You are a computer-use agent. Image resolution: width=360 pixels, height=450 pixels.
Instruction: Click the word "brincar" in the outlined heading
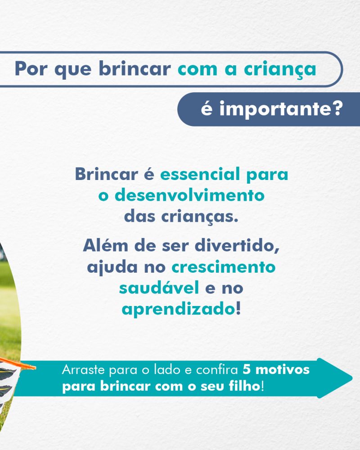click(135, 68)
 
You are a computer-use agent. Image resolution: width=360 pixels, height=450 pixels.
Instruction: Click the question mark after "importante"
click(336, 108)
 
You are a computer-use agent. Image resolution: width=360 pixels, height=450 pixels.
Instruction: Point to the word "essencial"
click(200, 174)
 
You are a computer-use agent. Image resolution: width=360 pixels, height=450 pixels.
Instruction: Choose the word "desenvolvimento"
click(189, 195)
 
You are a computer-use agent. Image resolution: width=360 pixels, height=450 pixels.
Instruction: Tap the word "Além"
click(105, 245)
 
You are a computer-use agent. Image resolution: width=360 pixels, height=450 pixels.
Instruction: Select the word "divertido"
click(237, 246)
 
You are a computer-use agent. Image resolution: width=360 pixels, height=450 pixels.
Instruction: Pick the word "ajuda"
click(112, 267)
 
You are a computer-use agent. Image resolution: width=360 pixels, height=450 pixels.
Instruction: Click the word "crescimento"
click(223, 267)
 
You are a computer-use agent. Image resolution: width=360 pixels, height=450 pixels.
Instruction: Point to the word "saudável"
click(159, 288)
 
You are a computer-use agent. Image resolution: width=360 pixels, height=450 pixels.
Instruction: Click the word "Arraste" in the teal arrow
click(83, 369)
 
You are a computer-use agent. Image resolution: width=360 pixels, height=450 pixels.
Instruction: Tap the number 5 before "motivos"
click(247, 369)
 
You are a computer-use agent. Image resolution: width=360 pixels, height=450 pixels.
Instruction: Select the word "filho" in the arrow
click(245, 386)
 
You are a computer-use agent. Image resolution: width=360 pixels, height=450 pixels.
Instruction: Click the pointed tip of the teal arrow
click(352, 378)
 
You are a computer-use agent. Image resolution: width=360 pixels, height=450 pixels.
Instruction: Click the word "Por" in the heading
click(31, 69)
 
